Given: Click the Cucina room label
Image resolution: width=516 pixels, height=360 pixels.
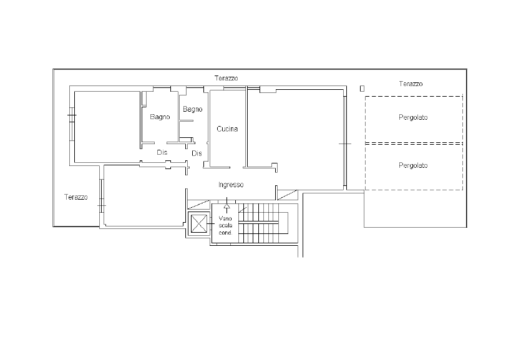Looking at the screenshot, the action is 227,129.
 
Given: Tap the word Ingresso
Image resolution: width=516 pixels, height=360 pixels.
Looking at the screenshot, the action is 231,185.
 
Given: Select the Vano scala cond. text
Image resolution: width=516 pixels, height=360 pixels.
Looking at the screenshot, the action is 225,225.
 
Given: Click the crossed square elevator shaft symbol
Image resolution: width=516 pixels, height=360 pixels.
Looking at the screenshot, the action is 199,223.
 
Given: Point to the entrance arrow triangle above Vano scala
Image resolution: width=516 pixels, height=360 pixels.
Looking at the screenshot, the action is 226,207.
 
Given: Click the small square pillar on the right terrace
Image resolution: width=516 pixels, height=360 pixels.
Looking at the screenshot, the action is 362,89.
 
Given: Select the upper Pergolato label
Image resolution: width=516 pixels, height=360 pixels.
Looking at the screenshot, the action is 413,117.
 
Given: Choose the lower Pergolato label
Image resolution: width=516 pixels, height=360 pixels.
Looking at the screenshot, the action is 413,165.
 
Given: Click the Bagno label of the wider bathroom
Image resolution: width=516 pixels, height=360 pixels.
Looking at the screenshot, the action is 160,117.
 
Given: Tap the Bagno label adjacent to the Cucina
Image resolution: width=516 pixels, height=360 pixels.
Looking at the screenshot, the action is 193,109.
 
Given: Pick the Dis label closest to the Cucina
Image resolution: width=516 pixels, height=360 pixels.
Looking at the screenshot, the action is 197,153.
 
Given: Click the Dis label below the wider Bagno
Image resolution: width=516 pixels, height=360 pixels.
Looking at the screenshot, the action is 162,152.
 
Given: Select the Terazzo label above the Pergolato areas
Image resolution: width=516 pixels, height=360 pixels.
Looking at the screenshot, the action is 411,84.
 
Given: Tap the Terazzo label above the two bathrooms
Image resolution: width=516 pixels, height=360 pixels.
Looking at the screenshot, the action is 226,79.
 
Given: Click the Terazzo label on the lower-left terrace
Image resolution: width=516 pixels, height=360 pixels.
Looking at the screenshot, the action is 75,197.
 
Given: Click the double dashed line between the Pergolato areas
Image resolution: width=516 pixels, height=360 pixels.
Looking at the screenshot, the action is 414,144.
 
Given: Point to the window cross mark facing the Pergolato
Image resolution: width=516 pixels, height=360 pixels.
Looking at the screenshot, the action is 345,144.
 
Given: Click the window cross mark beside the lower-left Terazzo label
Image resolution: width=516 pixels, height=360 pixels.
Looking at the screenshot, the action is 102,206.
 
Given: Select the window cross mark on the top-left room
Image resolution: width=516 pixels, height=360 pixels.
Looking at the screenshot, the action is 72,115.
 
